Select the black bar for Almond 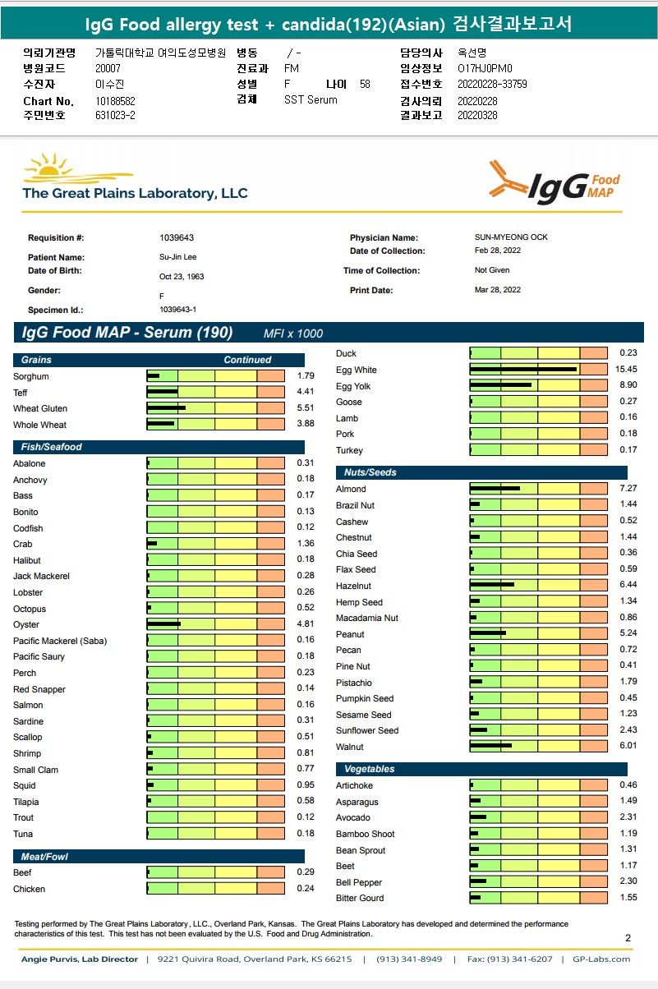(495, 489)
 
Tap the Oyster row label (25, 625)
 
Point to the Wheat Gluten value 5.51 (305, 407)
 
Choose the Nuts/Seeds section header (366, 472)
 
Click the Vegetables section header (369, 769)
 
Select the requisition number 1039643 (177, 237)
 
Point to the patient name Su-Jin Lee (178, 257)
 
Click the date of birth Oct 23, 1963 (182, 277)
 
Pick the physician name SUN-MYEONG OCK (511, 237)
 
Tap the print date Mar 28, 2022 (497, 290)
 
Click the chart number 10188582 (115, 101)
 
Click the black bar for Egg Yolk (501, 385)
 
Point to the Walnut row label (350, 747)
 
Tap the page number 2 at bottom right (628, 938)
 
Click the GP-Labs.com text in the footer (601, 959)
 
